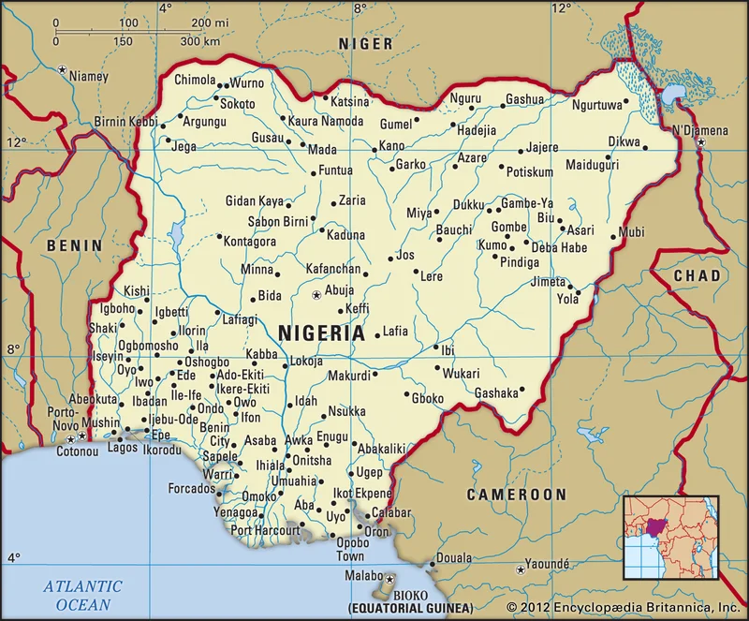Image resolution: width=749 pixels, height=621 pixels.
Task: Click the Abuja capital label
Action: (339, 290)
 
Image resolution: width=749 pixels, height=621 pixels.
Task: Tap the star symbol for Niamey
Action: (62, 69)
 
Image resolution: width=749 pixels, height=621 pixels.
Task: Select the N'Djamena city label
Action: (699, 130)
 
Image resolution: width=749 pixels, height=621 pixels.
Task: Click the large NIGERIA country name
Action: (321, 333)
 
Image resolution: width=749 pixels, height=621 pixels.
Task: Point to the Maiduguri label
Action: (593, 165)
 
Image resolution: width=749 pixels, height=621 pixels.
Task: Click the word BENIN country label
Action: (74, 245)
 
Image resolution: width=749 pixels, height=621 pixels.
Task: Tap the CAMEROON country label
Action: (517, 495)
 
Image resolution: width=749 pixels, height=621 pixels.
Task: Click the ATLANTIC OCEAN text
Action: (82, 595)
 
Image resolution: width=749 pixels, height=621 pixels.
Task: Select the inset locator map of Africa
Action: (670, 537)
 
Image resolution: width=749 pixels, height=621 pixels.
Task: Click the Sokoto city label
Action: (238, 103)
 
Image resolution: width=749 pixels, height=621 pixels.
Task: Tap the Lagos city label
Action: (123, 449)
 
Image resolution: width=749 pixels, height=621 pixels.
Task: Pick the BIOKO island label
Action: (411, 595)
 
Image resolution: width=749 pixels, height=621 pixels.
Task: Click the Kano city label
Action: (391, 145)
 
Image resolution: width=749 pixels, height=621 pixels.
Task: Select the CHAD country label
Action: (698, 275)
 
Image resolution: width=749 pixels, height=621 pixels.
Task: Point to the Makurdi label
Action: (348, 376)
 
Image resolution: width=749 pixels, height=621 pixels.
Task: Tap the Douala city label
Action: (455, 557)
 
